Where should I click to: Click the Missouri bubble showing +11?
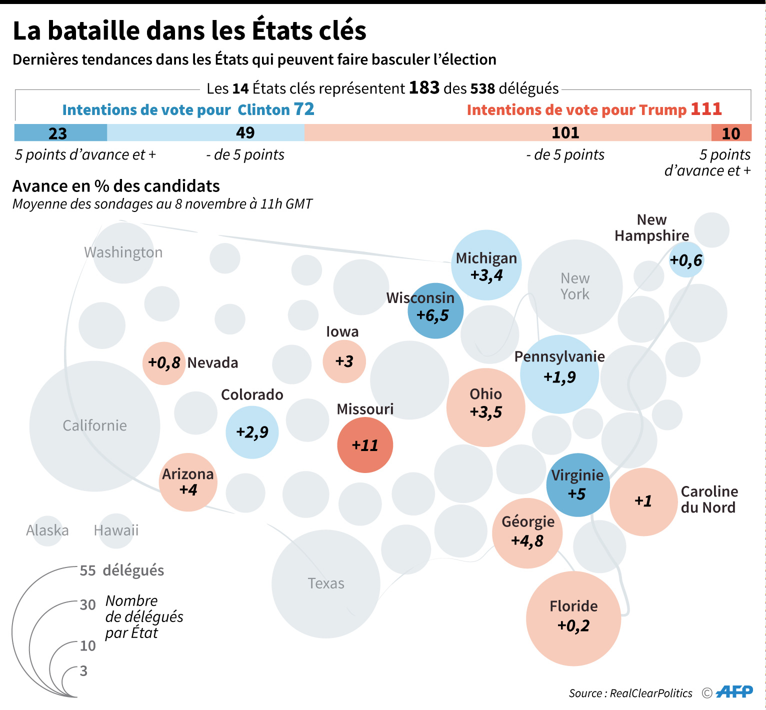tap(365, 445)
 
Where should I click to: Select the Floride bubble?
tap(573, 618)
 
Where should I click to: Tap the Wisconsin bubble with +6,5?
tap(435, 310)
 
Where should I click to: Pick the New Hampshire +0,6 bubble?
tap(686, 260)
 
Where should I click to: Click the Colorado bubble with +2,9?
tap(252, 432)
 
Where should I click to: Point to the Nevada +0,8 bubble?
tap(164, 363)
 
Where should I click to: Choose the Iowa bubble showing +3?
tap(344, 361)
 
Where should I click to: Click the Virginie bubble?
tap(578, 485)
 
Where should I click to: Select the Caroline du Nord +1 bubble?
tap(643, 502)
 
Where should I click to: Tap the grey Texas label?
tap(326, 583)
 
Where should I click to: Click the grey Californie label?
tap(94, 425)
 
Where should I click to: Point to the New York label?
tap(575, 286)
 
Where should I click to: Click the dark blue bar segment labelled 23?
tap(60, 132)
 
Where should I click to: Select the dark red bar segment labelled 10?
tap(731, 132)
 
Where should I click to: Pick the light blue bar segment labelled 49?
tap(205, 132)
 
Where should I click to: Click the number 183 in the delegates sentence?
tap(424, 88)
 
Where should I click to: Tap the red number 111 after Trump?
tap(706, 109)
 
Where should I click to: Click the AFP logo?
tap(734, 692)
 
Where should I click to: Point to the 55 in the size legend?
tap(87, 570)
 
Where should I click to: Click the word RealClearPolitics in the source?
tap(651, 693)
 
